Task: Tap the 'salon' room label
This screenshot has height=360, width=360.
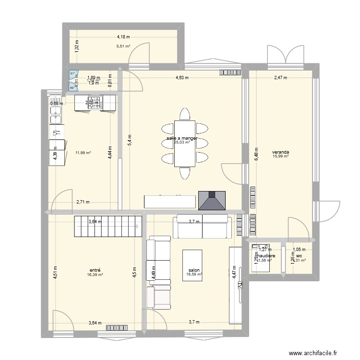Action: [194, 270]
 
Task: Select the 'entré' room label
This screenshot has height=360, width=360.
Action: [95, 270]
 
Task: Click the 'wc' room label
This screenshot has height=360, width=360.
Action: [298, 256]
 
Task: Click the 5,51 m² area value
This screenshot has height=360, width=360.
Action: [123, 47]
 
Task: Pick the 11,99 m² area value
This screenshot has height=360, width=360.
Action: [83, 153]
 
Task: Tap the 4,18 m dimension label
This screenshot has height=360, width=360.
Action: [124, 36]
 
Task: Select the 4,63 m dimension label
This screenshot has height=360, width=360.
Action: [181, 77]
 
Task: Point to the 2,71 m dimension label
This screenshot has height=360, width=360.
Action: [83, 203]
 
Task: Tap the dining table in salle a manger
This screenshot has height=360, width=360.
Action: [185, 143]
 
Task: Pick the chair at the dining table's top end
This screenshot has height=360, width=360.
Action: [185, 114]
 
